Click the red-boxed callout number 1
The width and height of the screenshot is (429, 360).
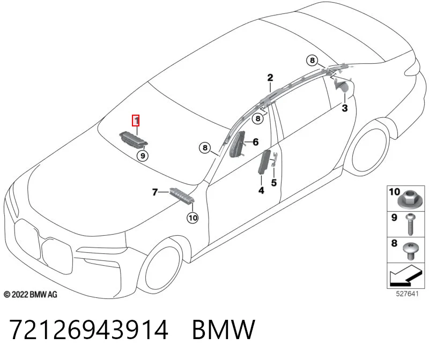(136, 121)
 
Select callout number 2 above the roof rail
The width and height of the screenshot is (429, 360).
(270, 78)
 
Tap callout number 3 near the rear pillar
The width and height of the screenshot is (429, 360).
(345, 108)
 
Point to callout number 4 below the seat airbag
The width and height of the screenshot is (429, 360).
(261, 190)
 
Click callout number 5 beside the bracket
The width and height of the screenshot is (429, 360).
(274, 183)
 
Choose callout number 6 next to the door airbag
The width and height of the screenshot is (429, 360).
(256, 142)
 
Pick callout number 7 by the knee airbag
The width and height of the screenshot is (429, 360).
(155, 192)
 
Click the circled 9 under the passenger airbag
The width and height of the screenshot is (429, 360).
(143, 156)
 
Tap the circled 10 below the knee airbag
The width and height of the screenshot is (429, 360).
(193, 218)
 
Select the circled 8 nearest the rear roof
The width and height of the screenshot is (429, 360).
(312, 60)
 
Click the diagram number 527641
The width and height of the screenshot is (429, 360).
(407, 294)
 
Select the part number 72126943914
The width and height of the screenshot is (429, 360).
(89, 329)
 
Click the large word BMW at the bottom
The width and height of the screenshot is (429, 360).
(224, 329)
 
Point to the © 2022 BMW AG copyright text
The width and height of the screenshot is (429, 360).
(31, 295)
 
